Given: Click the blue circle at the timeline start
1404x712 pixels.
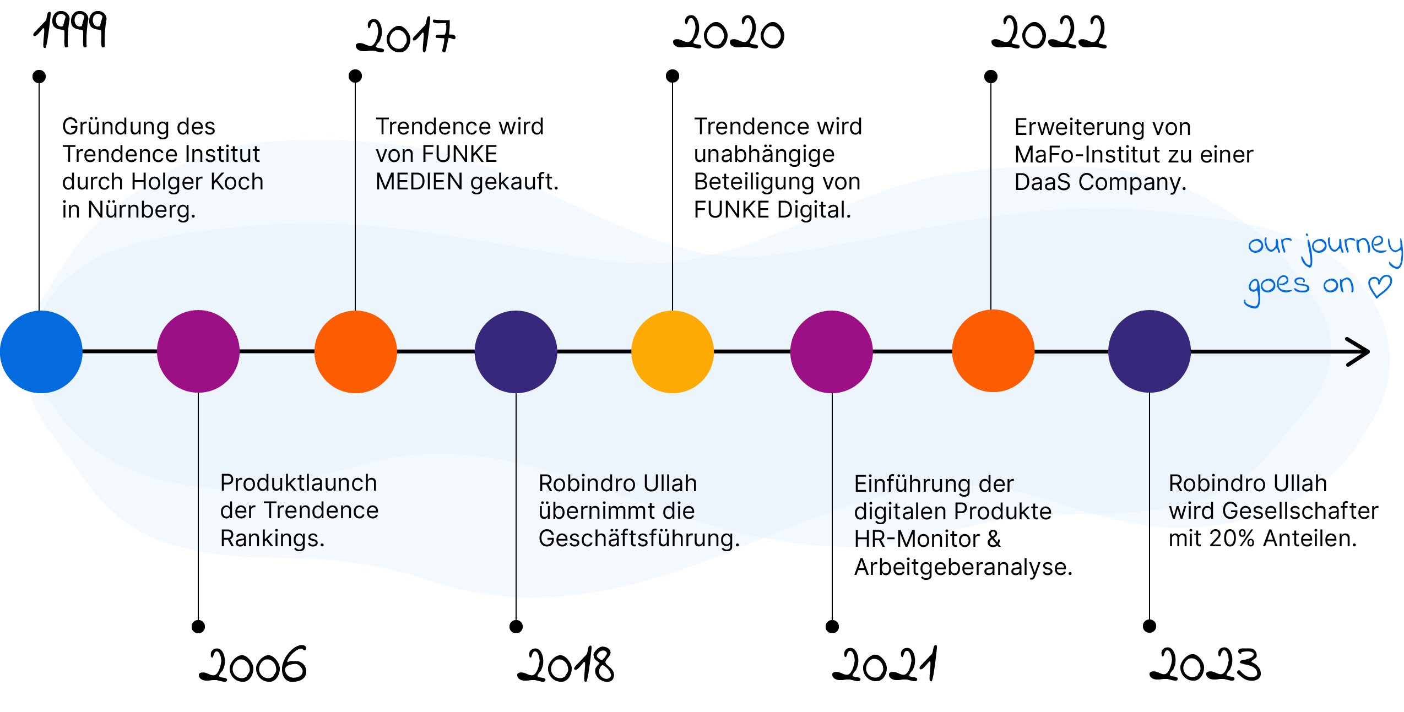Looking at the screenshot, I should pos(41,351).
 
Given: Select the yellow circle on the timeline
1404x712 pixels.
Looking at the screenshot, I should pos(673,351).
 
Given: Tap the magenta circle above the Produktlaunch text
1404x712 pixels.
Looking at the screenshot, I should pos(198,351).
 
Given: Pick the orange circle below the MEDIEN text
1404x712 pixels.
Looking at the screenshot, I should pos(356,351).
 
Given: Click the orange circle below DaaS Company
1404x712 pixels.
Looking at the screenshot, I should pos(993,351).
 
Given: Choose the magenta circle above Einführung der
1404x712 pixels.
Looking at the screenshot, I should pos(832,351).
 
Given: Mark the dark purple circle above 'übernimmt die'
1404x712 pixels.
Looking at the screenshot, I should pos(516,351).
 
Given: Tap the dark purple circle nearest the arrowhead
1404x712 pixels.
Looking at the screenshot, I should pos(1150,351).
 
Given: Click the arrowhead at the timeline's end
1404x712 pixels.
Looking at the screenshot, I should pos(1360,351).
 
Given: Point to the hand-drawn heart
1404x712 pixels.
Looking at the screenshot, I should pos(1380,285).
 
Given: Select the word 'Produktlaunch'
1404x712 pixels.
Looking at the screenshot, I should pos(299,483).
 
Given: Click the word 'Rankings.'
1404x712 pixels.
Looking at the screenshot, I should pos(272,538).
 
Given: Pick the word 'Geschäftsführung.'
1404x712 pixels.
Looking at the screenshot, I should pos(638,538).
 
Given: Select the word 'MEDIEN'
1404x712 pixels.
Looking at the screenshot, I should pos(419,182).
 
